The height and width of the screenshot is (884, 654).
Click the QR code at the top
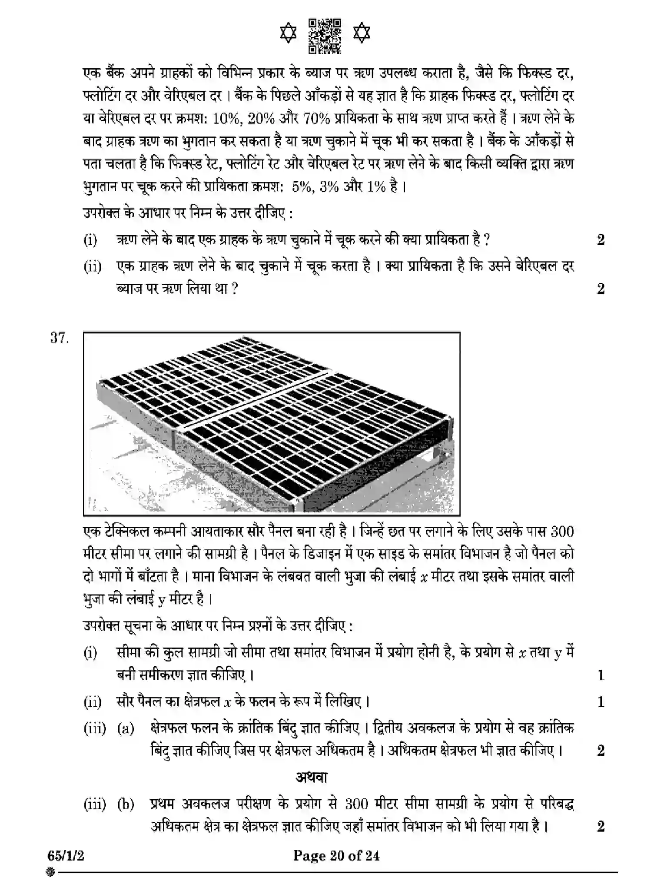[325, 36]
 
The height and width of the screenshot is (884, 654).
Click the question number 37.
[60, 338]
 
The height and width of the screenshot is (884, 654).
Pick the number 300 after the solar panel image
[561, 532]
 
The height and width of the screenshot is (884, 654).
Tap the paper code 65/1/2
[66, 856]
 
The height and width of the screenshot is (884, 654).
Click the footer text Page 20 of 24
[336, 856]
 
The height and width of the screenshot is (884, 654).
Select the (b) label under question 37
[125, 804]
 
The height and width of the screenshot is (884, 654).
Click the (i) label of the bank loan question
[90, 240]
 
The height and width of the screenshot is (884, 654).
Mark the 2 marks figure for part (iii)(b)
[601, 827]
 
